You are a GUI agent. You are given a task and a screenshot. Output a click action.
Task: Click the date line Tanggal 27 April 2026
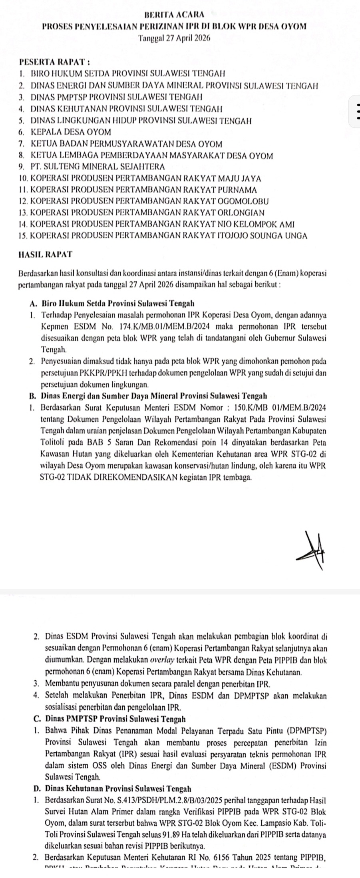174,38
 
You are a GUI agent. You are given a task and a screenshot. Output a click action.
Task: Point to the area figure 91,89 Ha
195,835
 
